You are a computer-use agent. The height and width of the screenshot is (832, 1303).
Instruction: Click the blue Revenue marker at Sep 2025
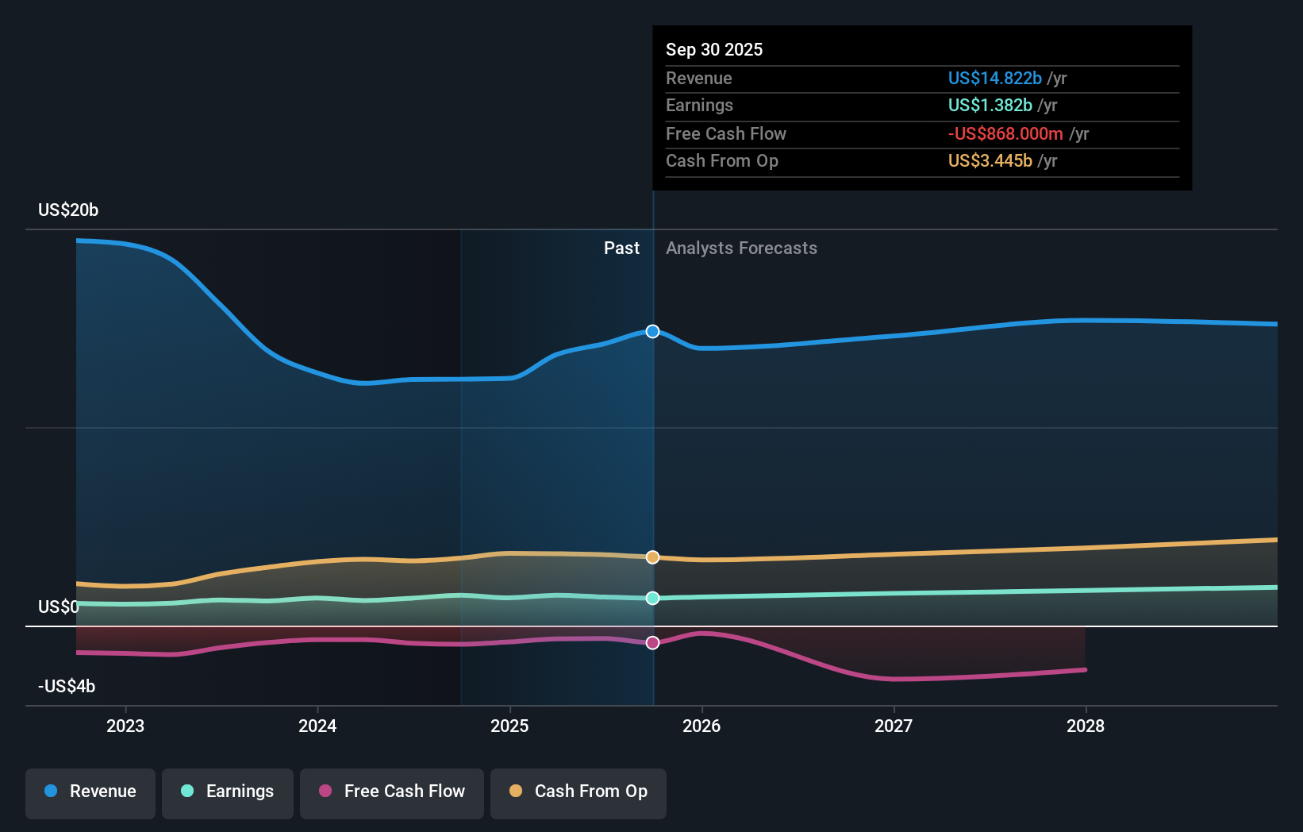[652, 331]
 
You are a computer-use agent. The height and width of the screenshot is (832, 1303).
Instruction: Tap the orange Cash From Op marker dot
[652, 557]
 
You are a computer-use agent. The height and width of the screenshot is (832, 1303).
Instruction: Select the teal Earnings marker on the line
[652, 598]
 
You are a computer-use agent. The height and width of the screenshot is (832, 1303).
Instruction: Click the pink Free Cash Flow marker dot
[652, 643]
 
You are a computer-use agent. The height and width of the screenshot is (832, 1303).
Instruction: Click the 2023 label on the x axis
[125, 726]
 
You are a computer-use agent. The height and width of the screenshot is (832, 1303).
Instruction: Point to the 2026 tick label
[701, 726]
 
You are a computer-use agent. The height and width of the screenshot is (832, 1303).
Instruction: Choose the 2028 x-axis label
[1085, 726]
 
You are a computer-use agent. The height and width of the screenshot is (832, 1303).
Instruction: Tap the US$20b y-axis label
[68, 210]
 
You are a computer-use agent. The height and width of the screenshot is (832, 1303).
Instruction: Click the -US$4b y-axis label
[67, 686]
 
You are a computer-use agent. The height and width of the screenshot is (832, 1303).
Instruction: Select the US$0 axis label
[59, 607]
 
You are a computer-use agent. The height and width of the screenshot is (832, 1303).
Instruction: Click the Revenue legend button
[90, 792]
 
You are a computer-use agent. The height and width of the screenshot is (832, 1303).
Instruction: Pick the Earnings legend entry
[228, 792]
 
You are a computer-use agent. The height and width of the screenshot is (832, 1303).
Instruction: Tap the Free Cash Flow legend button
[392, 792]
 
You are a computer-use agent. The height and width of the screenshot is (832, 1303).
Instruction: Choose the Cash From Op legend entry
[578, 792]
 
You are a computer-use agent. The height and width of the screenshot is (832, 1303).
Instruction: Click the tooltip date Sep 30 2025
[714, 49]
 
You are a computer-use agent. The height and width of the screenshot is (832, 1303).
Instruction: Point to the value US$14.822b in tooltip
[994, 78]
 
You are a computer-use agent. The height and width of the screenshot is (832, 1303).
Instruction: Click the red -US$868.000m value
[1005, 133]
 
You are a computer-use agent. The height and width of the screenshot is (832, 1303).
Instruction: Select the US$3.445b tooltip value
[990, 160]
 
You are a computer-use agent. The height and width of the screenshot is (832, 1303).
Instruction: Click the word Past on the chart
[621, 248]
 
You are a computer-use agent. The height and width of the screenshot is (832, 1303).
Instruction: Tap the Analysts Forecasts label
[741, 248]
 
